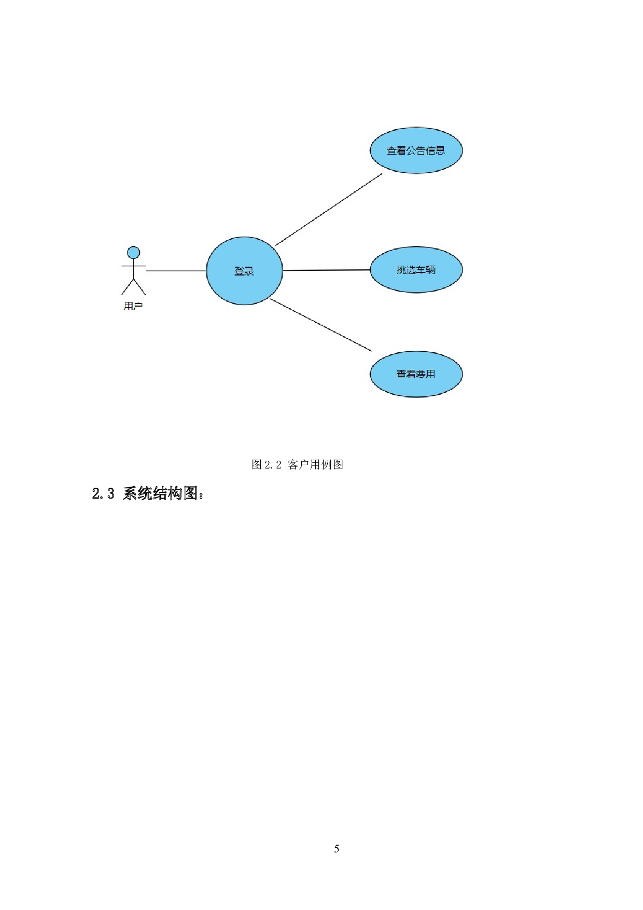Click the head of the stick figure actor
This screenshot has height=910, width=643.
[134, 253]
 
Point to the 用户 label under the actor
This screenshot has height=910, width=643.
[133, 306]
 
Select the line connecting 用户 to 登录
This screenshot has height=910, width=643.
[176, 271]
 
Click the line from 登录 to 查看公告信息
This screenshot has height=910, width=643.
[329, 209]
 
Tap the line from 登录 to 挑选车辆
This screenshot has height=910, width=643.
[327, 270]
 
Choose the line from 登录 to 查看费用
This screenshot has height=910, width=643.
[321, 325]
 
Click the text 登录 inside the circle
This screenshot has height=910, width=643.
[244, 271]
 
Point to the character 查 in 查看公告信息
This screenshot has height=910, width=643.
[392, 151]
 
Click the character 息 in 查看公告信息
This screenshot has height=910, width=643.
[440, 151]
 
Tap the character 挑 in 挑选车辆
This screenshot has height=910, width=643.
[401, 270]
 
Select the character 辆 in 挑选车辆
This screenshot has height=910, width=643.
[430, 270]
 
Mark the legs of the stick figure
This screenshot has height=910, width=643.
[134, 287]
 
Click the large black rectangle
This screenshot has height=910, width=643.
[334, 650]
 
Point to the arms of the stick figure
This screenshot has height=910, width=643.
[134, 266]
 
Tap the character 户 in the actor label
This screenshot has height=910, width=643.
[137, 306]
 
